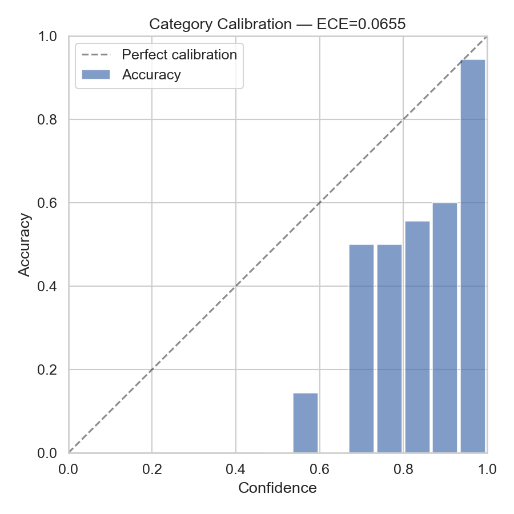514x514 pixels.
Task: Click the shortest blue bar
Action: pos(306,423)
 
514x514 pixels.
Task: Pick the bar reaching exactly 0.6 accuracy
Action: pos(445,328)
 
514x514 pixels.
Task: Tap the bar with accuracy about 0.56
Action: pos(417,337)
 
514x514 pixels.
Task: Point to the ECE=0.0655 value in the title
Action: pos(361,25)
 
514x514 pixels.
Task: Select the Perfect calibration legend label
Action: pos(179,55)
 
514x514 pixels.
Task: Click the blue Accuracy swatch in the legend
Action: pos(95,75)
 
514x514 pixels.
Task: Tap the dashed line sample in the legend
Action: pos(95,55)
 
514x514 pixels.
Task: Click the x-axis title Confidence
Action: pos(278,488)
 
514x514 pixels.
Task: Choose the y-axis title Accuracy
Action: pos(24,244)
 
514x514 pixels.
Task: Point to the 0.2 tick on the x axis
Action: pos(152,469)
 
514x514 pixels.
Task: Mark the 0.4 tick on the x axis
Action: pos(236,469)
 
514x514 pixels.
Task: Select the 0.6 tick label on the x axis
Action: pos(319,469)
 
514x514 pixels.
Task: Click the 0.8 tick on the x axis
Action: pos(403,469)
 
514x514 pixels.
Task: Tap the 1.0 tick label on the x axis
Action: pos(487,469)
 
